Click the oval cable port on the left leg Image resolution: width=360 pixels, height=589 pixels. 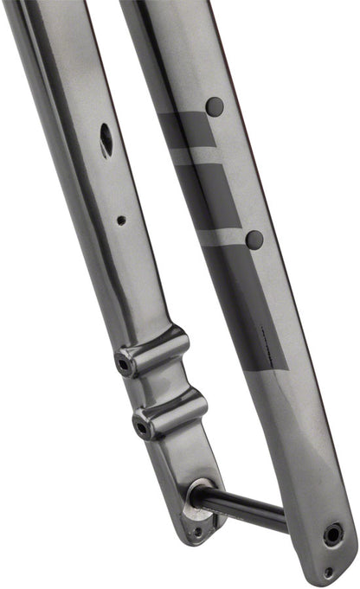pos(106,139)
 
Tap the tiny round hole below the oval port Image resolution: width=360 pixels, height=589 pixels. pos(121,221)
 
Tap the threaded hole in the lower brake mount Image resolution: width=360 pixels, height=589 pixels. pos(139,425)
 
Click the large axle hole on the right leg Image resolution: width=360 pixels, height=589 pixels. pos(332,535)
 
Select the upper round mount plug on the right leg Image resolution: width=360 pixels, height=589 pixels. pos(214,107)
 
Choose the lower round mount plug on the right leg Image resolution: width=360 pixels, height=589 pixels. pos(254,240)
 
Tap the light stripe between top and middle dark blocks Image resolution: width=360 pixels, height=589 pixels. pos(196,157)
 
